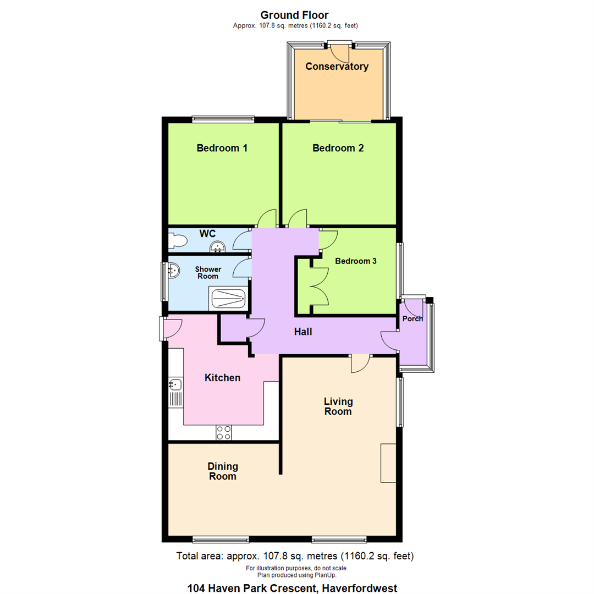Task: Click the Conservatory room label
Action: tap(337, 67)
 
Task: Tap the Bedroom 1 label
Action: tap(222, 148)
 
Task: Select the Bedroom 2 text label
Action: tap(338, 148)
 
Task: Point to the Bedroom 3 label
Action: tap(356, 261)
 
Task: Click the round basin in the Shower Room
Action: tap(174, 270)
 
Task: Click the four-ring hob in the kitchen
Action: tap(224, 432)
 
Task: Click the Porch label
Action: tap(413, 319)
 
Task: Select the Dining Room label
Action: tap(223, 471)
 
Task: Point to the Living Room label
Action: tap(338, 406)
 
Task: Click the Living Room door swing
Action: tap(360, 364)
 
